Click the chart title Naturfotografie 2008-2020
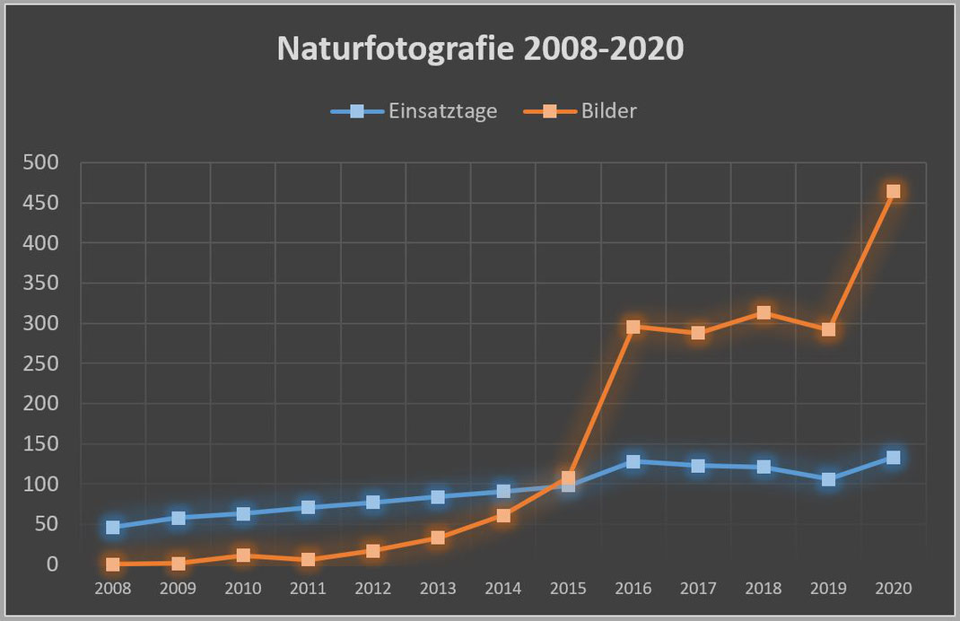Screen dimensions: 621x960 point(480,49)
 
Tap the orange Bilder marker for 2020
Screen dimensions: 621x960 point(893,191)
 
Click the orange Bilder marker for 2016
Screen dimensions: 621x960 point(633,327)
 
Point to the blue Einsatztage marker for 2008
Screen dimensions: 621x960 point(113,527)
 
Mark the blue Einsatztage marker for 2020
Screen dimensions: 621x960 point(893,458)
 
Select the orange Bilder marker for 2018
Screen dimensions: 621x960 point(764,312)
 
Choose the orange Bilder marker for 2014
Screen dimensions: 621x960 point(503,516)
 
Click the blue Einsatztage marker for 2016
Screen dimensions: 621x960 point(633,461)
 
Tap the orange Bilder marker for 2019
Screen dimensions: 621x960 point(828,329)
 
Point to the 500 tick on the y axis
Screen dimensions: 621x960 point(40,162)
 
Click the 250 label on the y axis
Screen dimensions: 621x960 point(40,363)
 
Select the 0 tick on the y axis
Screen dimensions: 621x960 point(51,564)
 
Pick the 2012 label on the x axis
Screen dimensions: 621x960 point(373,590)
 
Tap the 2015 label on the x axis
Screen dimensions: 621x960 point(568,590)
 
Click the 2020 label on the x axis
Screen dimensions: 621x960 point(893,590)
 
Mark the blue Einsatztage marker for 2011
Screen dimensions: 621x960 point(308,507)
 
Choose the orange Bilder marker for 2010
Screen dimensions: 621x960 point(243,555)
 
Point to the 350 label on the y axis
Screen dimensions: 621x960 point(40,283)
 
